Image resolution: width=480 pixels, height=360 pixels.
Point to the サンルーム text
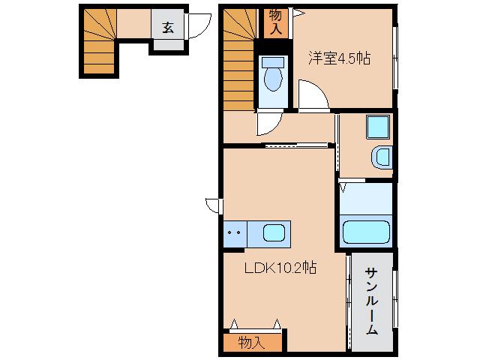371,300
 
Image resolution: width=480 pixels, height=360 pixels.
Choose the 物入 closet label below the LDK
252,343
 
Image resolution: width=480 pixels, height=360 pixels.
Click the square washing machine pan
376,127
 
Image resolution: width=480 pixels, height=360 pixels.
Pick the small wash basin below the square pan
382,157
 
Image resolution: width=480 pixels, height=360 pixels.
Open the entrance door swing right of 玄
196,28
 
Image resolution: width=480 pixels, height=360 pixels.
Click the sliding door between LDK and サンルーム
348,300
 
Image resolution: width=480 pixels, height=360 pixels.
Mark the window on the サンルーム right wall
395,300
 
